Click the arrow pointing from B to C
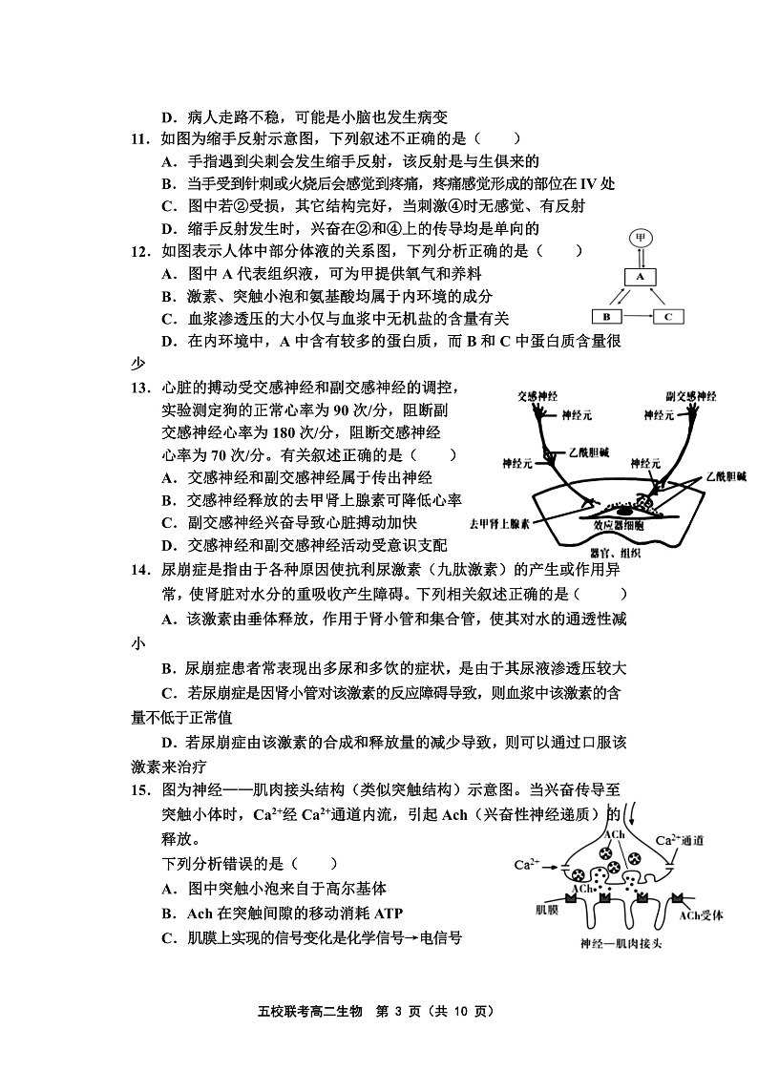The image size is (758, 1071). point(638,316)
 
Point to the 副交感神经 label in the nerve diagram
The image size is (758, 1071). point(690,394)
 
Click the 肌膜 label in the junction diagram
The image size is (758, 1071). point(547,910)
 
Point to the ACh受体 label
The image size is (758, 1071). point(702,914)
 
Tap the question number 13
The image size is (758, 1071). point(141,387)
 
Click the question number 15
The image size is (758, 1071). point(141,789)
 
